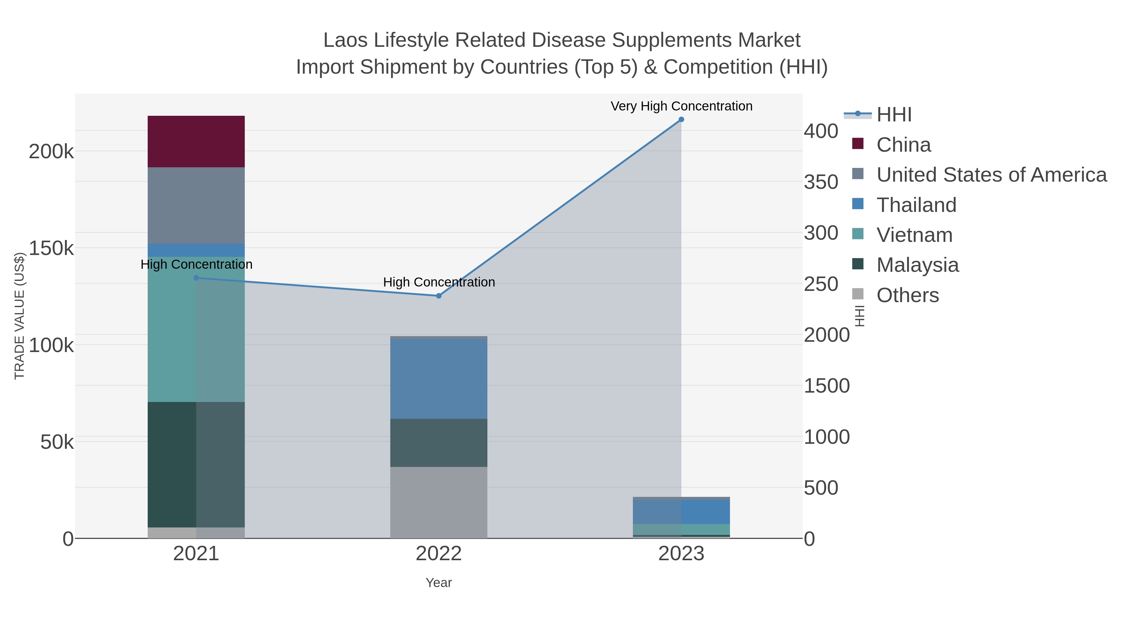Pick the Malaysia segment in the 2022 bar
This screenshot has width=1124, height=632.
[439, 442]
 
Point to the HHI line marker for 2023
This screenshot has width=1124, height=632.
[681, 120]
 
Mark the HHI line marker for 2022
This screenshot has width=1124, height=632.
[439, 296]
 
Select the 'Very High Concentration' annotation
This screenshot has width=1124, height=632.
[681, 106]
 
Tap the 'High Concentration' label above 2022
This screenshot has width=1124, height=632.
[439, 282]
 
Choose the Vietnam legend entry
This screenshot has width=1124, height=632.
[914, 235]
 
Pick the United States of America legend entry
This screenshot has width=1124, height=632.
[990, 175]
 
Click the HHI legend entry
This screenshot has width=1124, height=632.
[894, 115]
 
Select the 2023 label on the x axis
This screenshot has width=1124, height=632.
[681, 554]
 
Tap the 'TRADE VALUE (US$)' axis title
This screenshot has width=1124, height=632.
[20, 316]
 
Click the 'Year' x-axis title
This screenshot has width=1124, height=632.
[439, 583]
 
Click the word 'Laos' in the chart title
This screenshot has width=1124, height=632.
[346, 41]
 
